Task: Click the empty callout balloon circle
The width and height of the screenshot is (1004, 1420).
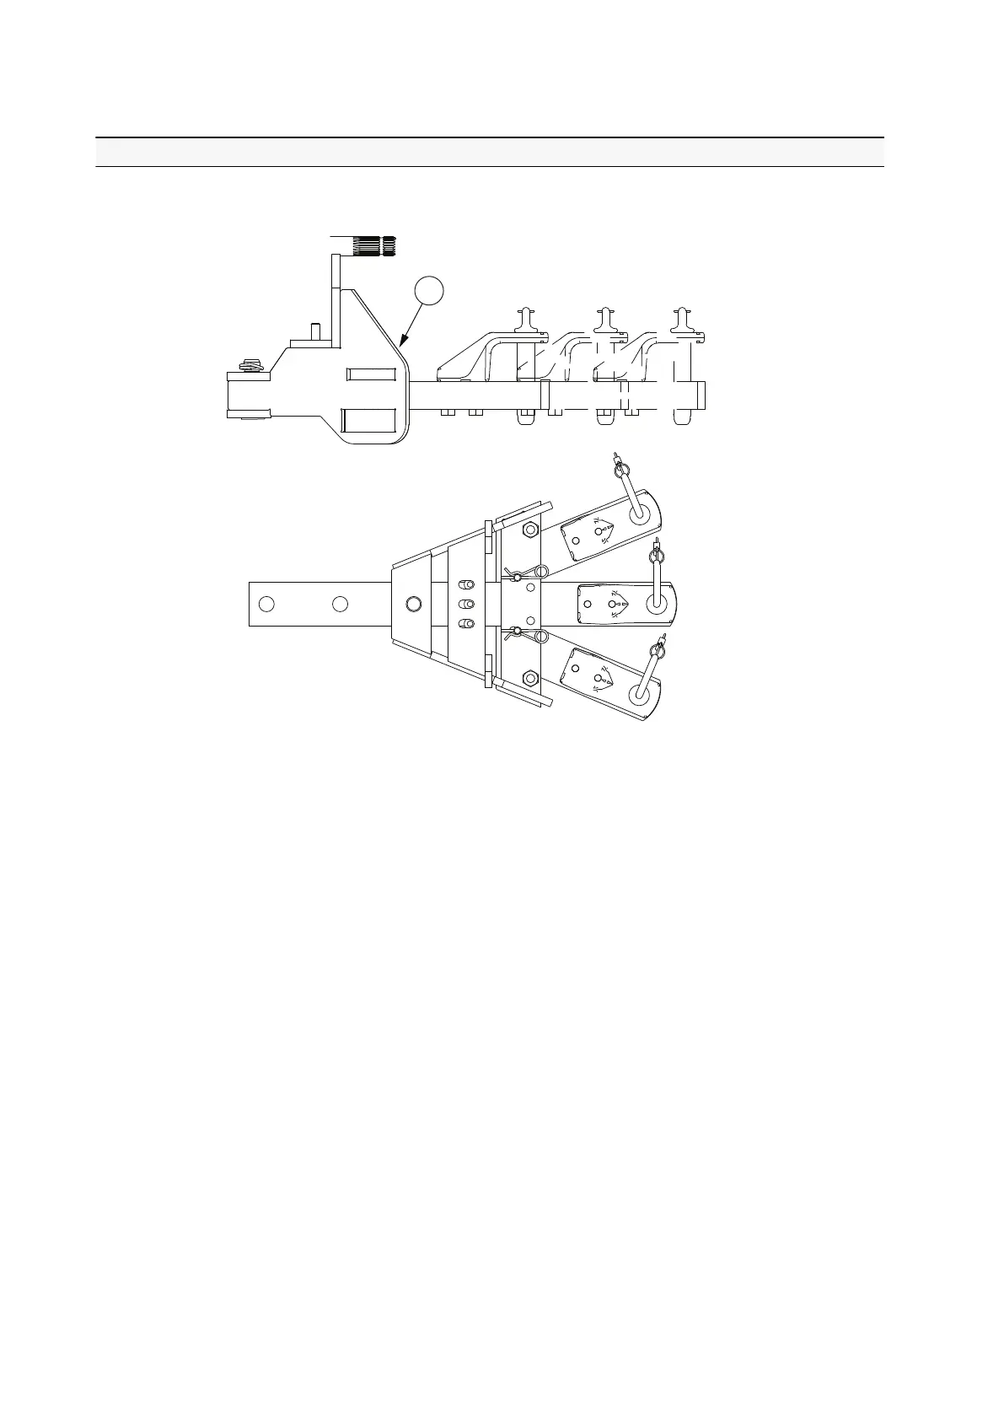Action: (x=429, y=291)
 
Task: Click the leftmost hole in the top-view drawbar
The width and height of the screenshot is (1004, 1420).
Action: (x=266, y=604)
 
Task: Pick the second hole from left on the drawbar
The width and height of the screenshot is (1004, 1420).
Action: (x=340, y=604)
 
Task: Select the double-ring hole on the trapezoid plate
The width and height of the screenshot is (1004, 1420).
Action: (x=413, y=604)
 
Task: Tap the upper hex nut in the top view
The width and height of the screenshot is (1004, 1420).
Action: (x=530, y=530)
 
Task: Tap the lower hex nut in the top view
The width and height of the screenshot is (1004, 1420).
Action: (x=530, y=677)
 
